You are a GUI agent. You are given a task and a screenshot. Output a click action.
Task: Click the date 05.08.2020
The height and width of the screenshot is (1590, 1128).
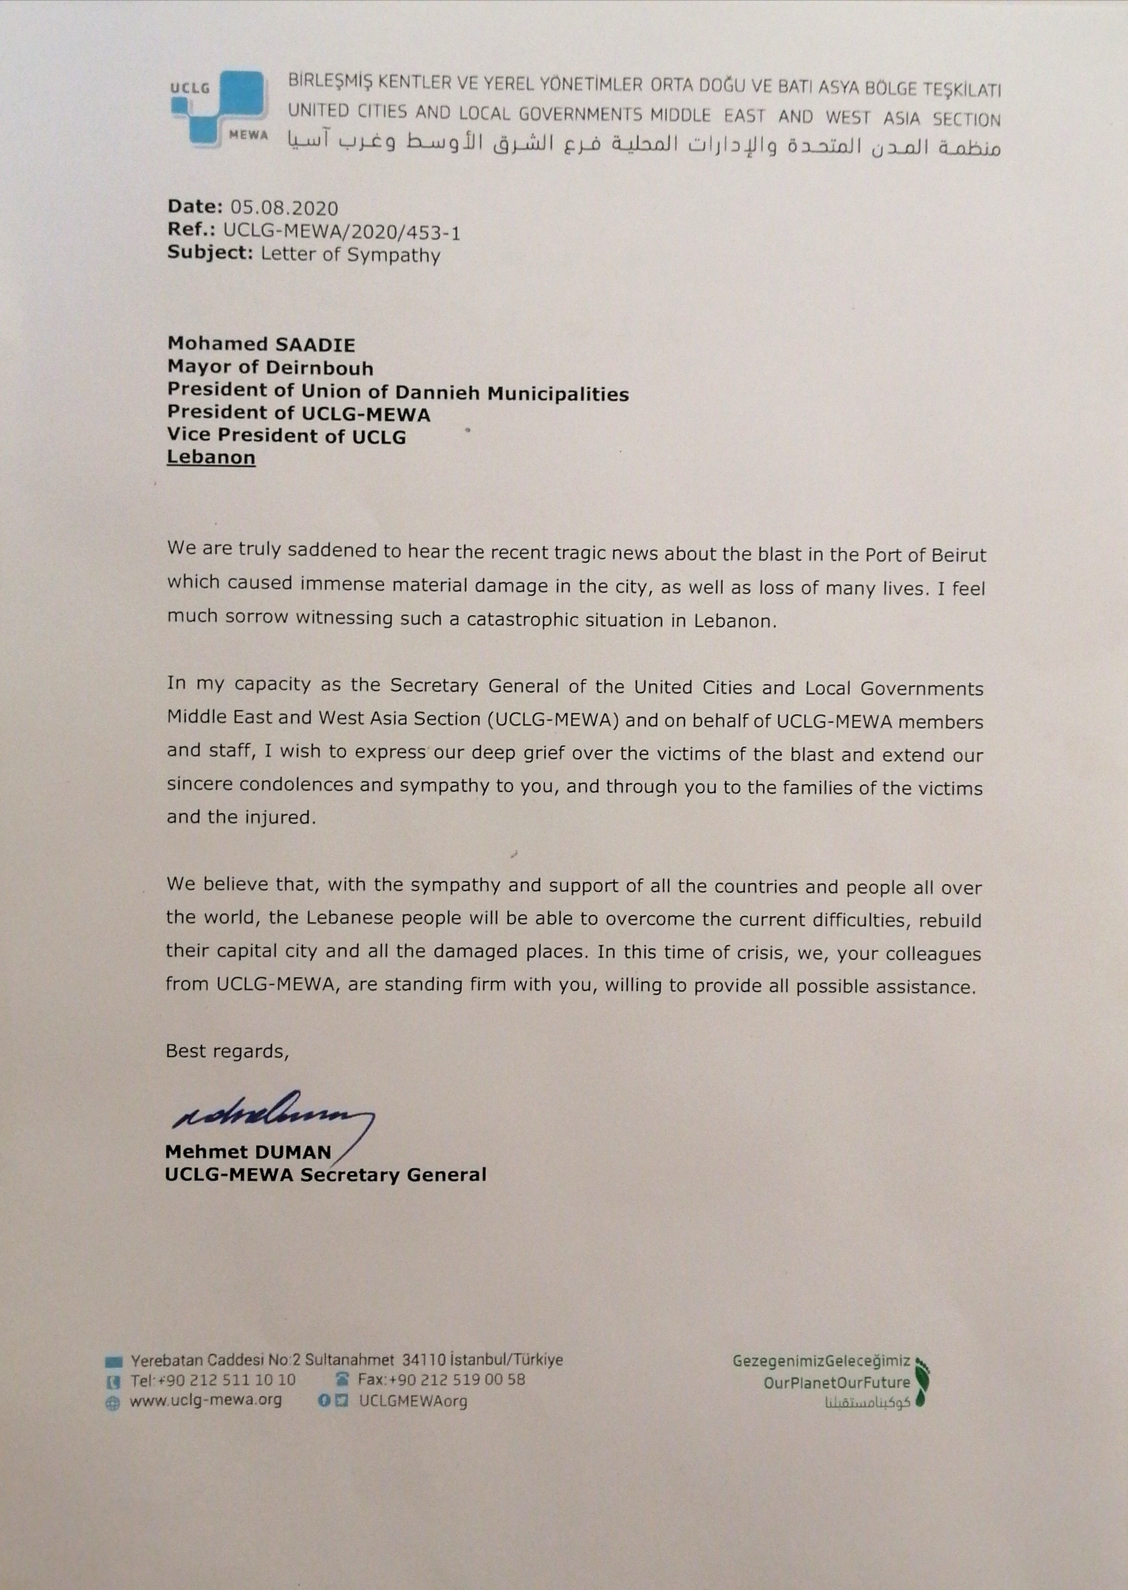pos(284,208)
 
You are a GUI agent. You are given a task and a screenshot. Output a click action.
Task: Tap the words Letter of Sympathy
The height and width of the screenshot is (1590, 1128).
pos(350,254)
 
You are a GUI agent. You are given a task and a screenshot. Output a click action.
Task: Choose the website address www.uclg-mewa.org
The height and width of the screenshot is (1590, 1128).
pos(206,1400)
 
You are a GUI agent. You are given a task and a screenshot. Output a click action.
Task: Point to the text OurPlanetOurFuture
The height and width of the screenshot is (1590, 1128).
pos(836,1382)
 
